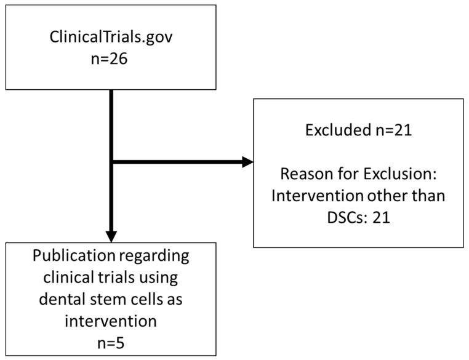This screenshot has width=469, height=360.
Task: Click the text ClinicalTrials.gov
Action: click(x=111, y=38)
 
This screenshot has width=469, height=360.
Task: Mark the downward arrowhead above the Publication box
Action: click(x=111, y=236)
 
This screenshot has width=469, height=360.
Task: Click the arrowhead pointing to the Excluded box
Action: click(x=247, y=162)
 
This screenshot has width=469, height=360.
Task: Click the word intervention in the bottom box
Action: click(x=111, y=321)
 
